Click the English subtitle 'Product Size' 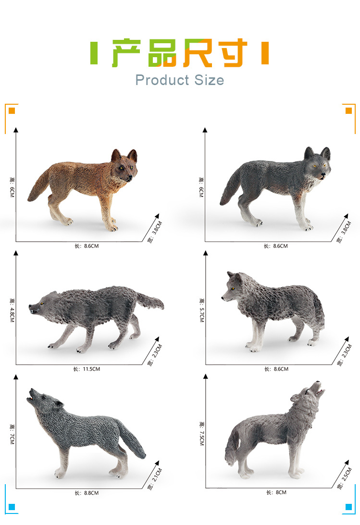(x=179, y=80)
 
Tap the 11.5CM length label (x=87, y=369)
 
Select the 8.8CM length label (x=87, y=493)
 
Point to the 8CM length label (x=276, y=492)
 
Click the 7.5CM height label (x=201, y=434)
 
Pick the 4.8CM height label (x=12, y=310)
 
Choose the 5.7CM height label (x=201, y=310)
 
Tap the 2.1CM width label (x=155, y=479)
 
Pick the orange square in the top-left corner (x=12, y=110)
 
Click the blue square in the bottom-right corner (x=348, y=507)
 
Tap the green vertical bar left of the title (x=94, y=53)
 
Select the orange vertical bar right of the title (x=265, y=53)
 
